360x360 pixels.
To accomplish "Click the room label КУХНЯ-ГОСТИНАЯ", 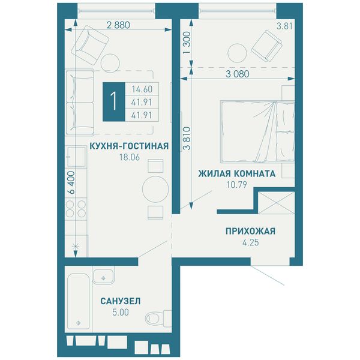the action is point(129,146).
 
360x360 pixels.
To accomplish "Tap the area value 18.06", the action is point(130,157).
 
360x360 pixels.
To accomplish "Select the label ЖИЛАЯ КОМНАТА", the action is point(237,173).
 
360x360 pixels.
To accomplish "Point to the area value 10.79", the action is point(237,185).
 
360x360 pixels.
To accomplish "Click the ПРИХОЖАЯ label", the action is point(250,231).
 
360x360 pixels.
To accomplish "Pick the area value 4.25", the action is point(251,242).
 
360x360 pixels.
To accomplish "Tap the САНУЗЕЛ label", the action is point(121,301).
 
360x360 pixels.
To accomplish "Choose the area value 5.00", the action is point(121,312).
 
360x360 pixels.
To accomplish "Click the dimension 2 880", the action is point(118,25).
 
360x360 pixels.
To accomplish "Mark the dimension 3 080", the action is point(238,74).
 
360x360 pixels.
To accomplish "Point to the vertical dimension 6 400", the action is point(71,183).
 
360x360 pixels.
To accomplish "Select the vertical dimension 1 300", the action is point(187,43).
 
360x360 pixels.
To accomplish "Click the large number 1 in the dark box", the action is point(114,101).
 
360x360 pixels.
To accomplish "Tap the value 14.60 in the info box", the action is point(142,89).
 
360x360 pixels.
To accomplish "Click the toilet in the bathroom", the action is point(158,318).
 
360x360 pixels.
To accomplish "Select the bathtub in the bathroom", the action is point(78,301).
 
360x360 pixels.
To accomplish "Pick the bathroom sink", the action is point(103,276).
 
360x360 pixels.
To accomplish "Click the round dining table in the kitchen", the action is point(155,189).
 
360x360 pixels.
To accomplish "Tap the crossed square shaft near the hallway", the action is point(277,203).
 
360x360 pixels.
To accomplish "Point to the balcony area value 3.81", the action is point(284,26).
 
